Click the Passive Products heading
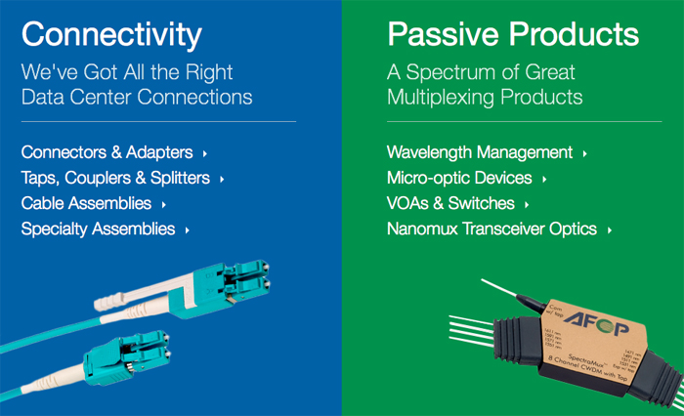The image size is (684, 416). tap(513, 35)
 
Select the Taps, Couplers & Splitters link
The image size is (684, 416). tap(115, 178)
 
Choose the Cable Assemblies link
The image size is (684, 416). tap(86, 203)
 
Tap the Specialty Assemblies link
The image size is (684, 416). tap(98, 229)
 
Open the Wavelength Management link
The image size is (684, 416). tap(480, 152)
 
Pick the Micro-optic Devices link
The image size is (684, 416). tap(459, 178)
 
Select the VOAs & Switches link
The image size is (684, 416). tap(450, 203)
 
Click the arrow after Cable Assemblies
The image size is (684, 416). tap(164, 204)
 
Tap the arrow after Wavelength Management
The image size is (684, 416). tap(584, 153)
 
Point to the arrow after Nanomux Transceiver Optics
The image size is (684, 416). tap(609, 229)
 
